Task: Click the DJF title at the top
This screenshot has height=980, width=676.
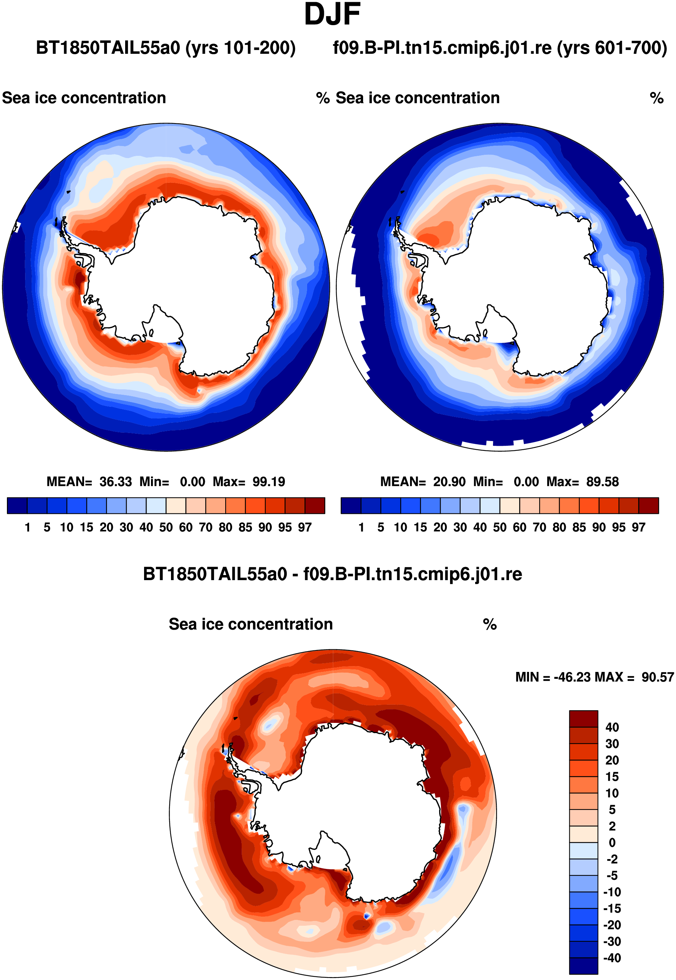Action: coord(333,15)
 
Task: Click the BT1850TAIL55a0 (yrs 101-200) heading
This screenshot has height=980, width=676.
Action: coord(166,48)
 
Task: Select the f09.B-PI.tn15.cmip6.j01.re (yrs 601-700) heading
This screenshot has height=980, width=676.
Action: coord(500,48)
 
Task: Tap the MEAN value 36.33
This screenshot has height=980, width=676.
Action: coord(116,481)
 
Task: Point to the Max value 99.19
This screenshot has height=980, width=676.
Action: coord(269,481)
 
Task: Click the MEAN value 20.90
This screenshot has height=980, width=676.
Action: coord(449,481)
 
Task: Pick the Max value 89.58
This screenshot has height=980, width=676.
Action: coord(603,481)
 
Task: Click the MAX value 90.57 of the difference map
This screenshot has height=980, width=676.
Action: coord(657,677)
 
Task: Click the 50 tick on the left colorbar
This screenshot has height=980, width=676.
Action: coord(166,527)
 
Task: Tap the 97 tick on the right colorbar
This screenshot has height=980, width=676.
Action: coord(639,527)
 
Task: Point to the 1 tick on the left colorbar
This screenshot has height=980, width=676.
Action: coord(28,527)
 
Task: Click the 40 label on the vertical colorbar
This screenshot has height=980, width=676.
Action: coord(612,727)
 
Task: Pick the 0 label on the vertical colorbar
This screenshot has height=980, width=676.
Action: coord(612,843)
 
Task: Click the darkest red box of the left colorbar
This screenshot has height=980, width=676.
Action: coord(315,506)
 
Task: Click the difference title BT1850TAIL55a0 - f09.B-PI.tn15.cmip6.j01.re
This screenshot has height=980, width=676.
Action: coord(333,574)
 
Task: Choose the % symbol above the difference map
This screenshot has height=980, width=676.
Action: coord(490,624)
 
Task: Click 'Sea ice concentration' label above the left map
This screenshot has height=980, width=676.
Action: coord(84,98)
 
